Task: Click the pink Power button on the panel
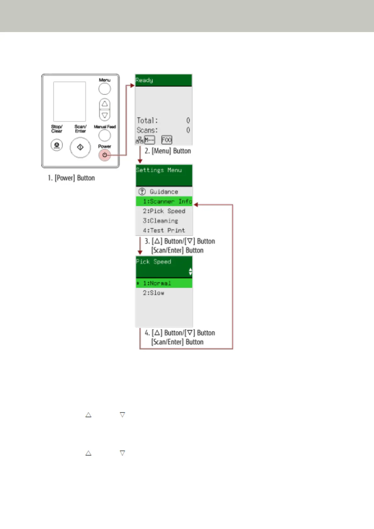tap(105, 155)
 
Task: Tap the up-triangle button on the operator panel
tap(105, 104)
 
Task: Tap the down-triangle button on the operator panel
tap(105, 115)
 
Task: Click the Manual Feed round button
tap(105, 135)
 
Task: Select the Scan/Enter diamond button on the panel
tap(80, 147)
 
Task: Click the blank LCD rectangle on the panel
tap(69, 101)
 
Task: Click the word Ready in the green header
tap(144, 80)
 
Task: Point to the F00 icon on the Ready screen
tap(166, 140)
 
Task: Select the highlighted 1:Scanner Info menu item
tap(164, 201)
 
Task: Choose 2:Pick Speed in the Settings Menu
tap(164, 211)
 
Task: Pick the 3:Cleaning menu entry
tap(160, 221)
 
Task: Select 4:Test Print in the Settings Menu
tap(164, 230)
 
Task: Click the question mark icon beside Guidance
tap(142, 191)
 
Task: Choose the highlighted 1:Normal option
tap(157, 283)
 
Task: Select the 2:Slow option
tap(154, 293)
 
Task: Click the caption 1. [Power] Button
tap(71, 178)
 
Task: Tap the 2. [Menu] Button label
tap(168, 151)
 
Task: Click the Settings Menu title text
tap(159, 170)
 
